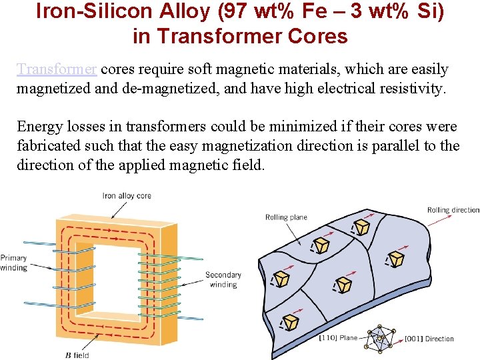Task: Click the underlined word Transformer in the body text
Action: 57,69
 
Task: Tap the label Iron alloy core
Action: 127,195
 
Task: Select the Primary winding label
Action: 14,263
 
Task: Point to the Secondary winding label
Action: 223,279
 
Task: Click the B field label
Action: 77,355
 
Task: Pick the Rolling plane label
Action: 286,217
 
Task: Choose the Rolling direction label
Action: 453,210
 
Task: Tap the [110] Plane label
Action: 339,339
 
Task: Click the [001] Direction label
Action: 429,339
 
